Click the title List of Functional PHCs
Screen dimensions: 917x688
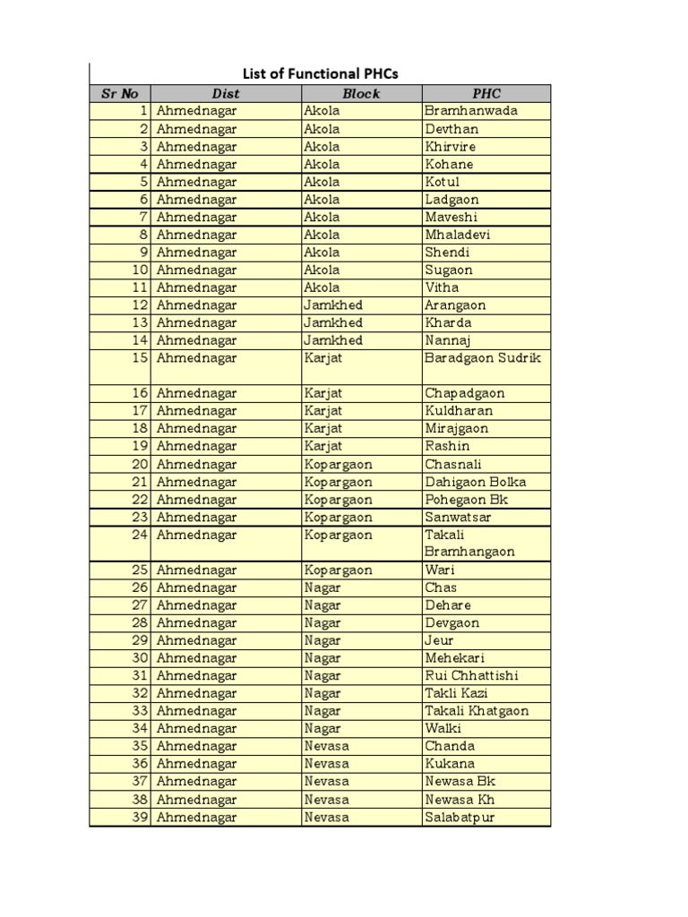click(321, 74)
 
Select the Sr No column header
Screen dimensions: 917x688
click(119, 93)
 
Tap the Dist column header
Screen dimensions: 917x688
click(226, 93)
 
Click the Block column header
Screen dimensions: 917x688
click(361, 93)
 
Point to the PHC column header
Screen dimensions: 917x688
click(486, 93)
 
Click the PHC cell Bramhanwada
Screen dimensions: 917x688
click(471, 111)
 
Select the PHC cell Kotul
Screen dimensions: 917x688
click(443, 182)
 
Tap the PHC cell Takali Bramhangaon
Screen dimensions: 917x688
click(470, 543)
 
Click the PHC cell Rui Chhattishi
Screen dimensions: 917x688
click(471, 675)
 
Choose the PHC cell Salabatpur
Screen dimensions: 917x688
click(460, 817)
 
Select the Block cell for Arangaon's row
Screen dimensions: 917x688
click(333, 305)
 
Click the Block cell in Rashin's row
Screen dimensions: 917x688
click(323, 446)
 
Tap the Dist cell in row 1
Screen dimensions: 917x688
click(197, 111)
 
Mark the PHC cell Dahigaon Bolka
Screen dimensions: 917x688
click(475, 482)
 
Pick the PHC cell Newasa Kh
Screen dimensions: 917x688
click(460, 799)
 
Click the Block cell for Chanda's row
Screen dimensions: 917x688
click(327, 746)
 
